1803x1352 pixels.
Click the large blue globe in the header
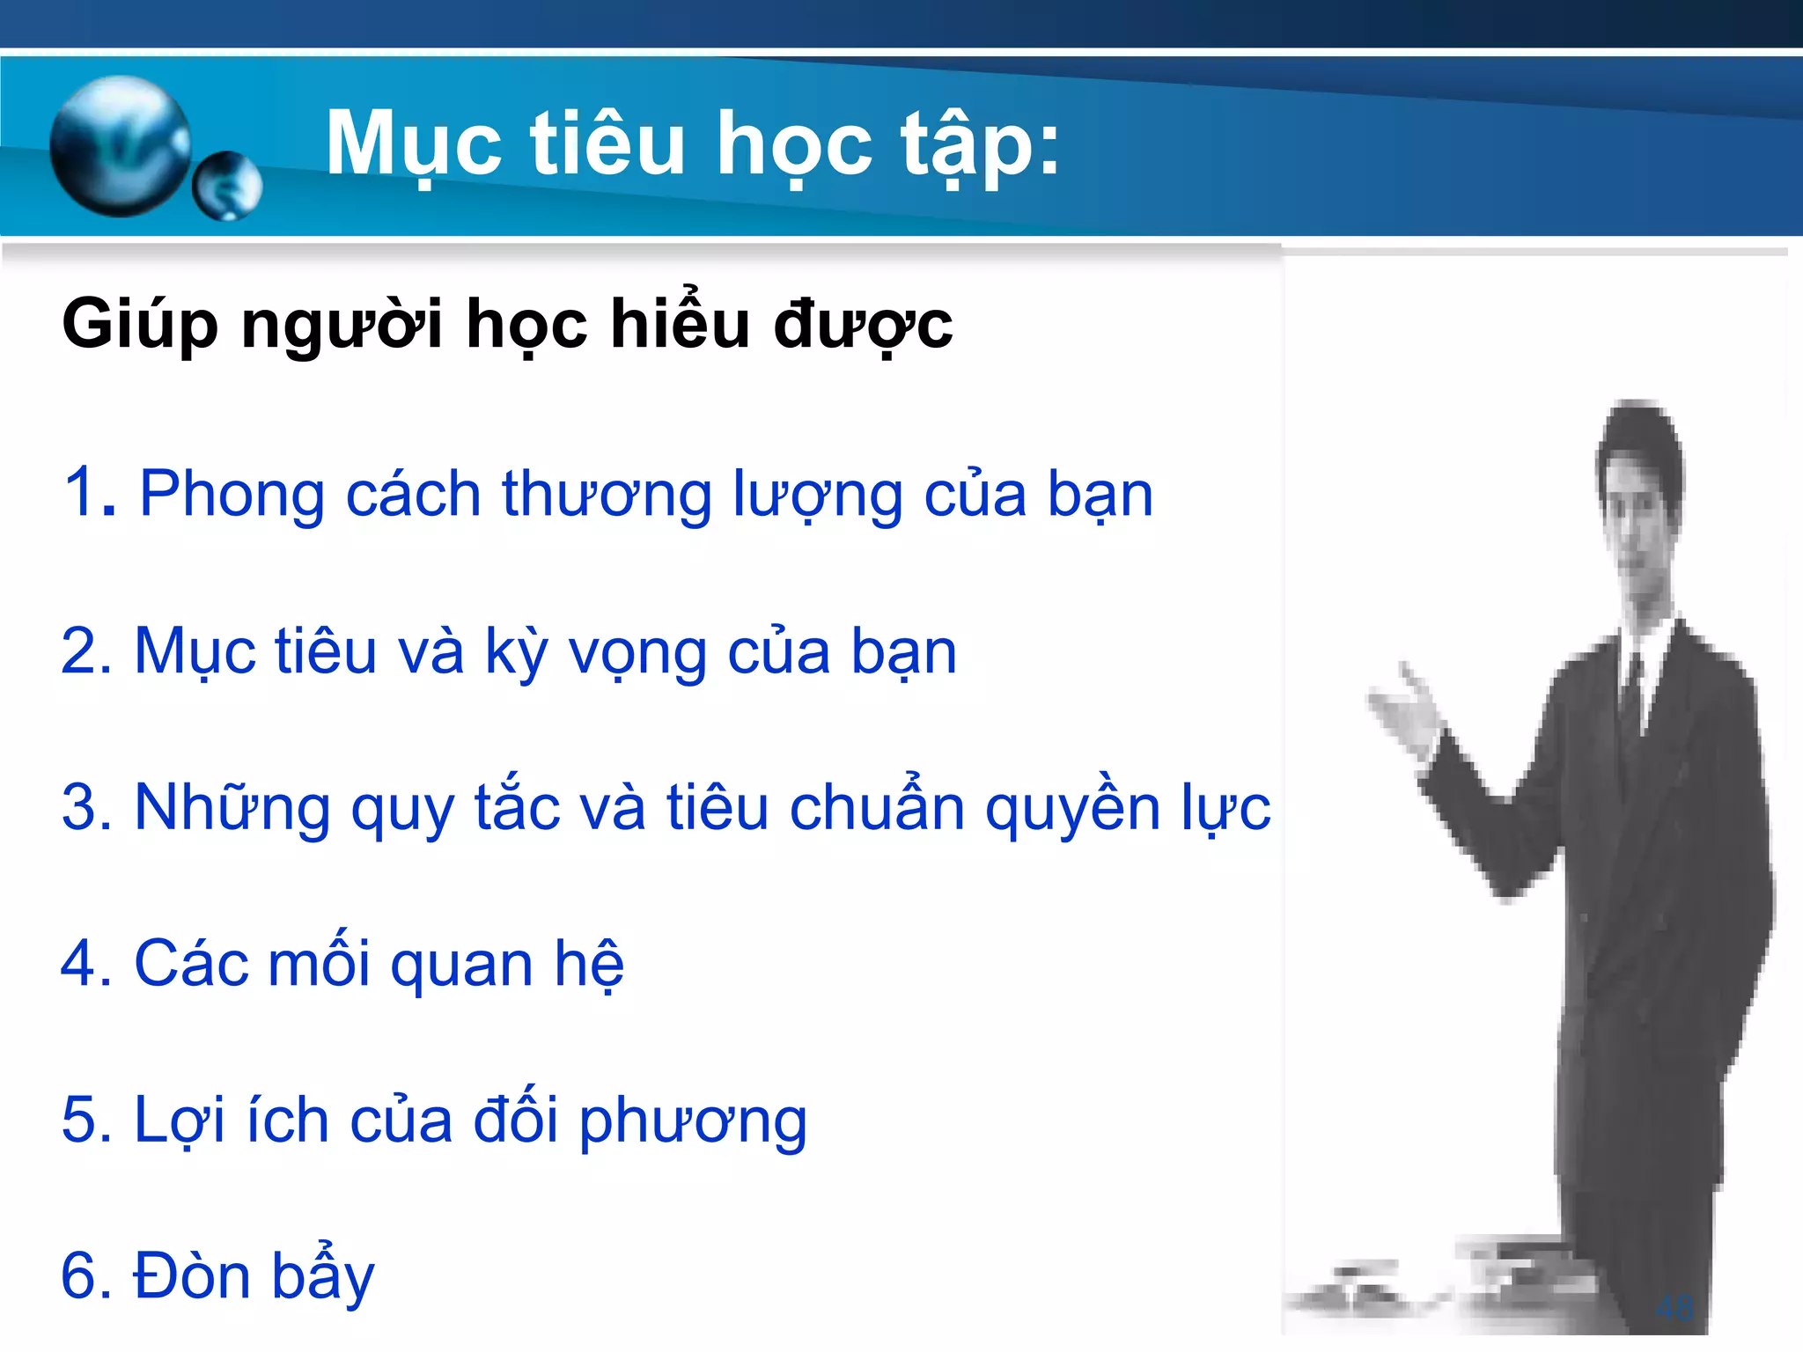pos(121,145)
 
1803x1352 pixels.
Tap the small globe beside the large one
pos(227,185)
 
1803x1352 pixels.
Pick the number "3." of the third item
pos(87,807)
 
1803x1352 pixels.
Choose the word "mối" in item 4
pos(319,963)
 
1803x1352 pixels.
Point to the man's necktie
pos(1631,695)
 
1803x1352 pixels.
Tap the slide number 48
pos(1674,1307)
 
